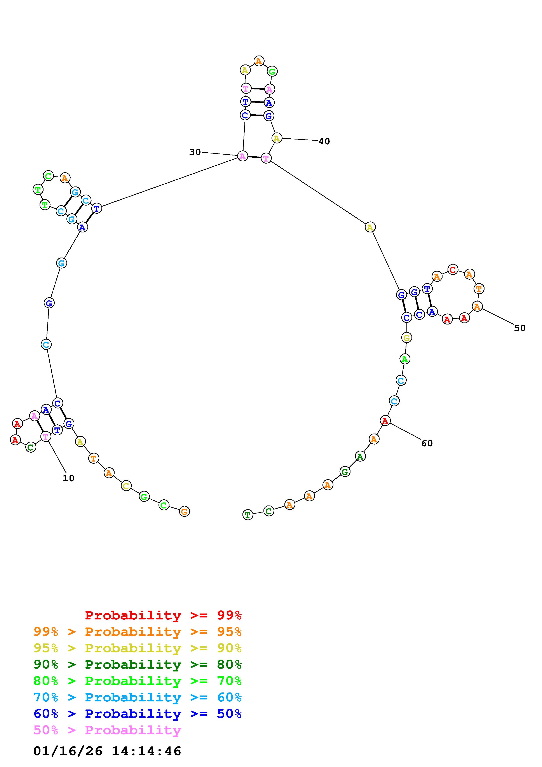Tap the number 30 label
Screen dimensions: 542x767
[195, 152]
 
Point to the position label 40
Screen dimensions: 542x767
[324, 141]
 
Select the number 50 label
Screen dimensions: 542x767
[520, 328]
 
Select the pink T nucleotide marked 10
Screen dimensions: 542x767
[45, 436]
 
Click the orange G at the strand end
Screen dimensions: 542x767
[184, 511]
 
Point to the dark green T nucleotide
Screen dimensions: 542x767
[247, 515]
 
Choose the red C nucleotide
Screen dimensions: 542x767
[453, 269]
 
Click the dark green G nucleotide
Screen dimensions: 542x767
[345, 472]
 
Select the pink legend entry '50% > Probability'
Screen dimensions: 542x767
[107, 730]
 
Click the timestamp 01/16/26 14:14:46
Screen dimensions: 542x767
[107, 751]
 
